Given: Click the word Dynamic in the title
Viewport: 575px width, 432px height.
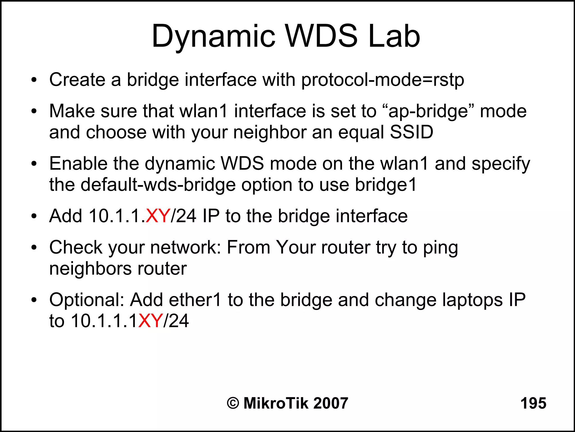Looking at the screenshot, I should [213, 37].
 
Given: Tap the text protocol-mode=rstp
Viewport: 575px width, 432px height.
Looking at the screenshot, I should [382, 80].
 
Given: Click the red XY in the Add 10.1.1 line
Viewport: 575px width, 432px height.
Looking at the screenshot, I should [158, 216].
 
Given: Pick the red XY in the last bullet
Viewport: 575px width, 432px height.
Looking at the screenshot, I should [150, 321].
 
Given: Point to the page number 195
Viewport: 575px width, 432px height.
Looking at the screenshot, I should [533, 403].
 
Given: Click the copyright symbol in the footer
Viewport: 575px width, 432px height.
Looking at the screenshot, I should [233, 403].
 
